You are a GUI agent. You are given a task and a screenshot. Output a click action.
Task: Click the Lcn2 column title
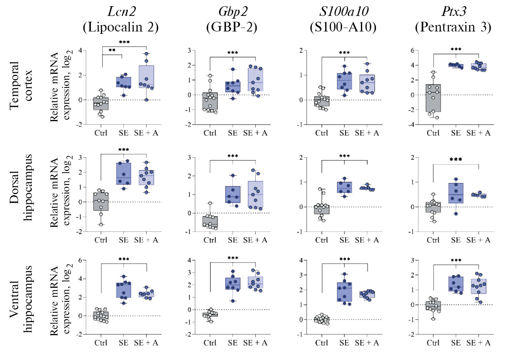[x=121, y=11]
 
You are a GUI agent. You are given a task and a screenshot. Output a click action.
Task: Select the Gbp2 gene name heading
[x=233, y=11]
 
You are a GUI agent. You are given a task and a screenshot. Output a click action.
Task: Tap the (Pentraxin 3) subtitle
[x=453, y=27]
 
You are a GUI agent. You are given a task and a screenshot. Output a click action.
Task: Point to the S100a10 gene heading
[x=344, y=11]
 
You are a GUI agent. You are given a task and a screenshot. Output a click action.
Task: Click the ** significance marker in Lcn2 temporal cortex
[x=112, y=50]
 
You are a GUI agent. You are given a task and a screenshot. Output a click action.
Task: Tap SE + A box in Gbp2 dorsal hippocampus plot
[x=255, y=195]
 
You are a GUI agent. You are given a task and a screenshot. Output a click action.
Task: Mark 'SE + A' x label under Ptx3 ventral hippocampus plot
[x=478, y=343]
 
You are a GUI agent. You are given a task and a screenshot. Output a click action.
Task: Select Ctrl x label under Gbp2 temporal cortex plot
[x=210, y=133]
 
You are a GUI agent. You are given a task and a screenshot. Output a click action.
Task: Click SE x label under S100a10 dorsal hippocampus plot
[x=344, y=240]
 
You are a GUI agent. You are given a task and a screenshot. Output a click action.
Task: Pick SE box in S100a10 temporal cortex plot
[x=344, y=81]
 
